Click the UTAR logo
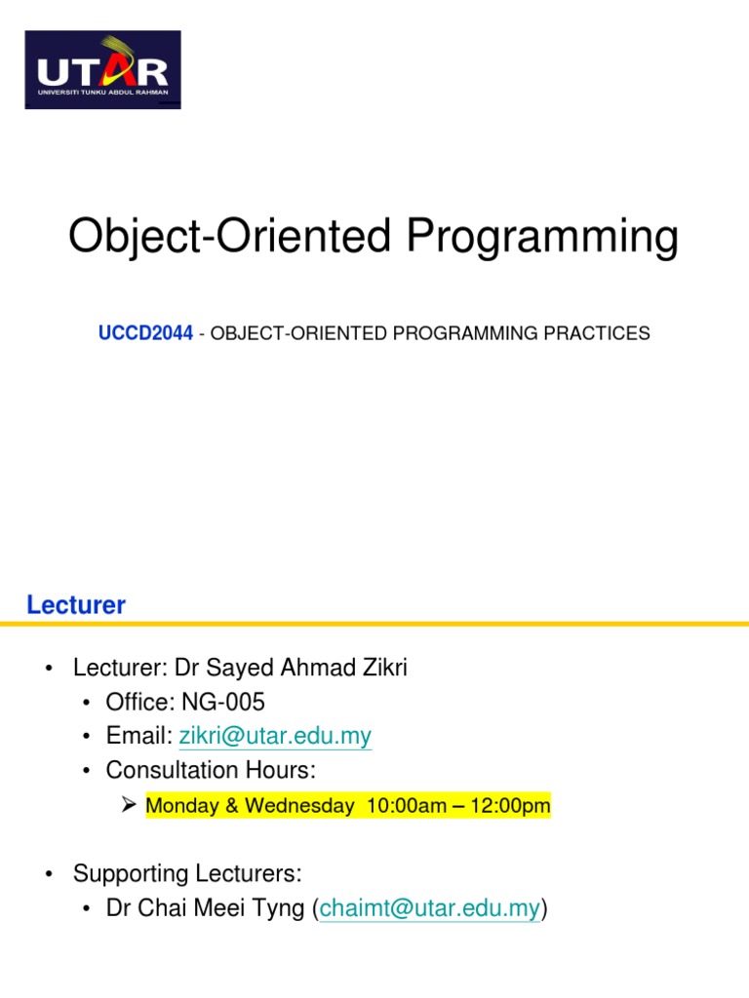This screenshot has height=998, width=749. (102, 69)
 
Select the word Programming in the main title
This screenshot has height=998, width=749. (542, 238)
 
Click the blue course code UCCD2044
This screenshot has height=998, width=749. (145, 333)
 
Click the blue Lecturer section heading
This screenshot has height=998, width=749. (76, 604)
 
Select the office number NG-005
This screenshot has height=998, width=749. (223, 702)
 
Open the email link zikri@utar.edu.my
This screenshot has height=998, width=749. (275, 736)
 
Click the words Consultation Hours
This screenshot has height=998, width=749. (211, 770)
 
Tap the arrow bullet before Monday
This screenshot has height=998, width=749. (129, 804)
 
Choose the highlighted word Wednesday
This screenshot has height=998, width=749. (299, 805)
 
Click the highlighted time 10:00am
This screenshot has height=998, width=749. (407, 805)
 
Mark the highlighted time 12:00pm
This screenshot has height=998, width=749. (510, 805)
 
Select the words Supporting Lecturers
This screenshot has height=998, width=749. (187, 873)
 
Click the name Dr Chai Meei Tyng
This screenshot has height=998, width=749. (205, 908)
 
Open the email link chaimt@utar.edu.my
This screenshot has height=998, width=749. (429, 908)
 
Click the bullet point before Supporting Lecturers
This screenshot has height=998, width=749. (49, 874)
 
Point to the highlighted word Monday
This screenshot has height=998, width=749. (182, 805)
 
